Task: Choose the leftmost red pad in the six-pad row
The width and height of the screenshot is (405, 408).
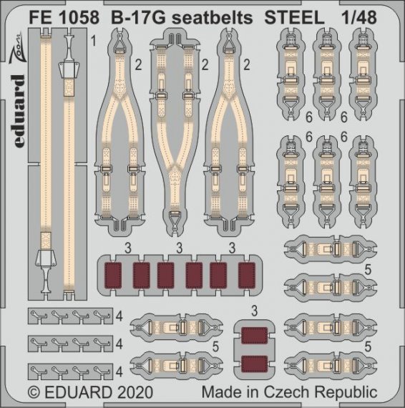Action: tap(114, 274)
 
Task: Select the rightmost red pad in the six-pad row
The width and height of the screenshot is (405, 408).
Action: tap(247, 274)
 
